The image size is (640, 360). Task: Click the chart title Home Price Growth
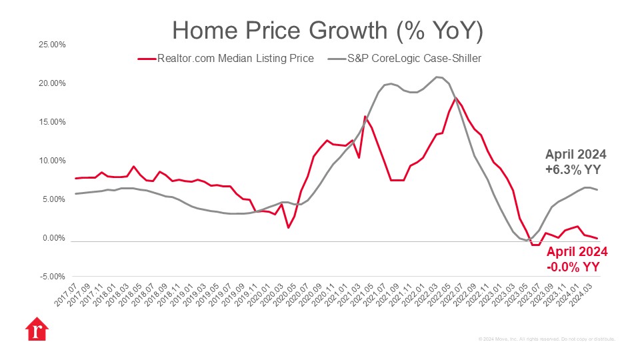pyautogui.click(x=327, y=31)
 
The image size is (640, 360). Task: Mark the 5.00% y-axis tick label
pyautogui.click(x=51, y=199)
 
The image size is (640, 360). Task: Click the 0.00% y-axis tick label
pyautogui.click(x=51, y=238)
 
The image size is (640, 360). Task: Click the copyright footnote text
pyautogui.click(x=547, y=339)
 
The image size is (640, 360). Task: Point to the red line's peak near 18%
pyautogui.click(x=455, y=98)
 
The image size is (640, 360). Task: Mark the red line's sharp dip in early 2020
pyautogui.click(x=288, y=228)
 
